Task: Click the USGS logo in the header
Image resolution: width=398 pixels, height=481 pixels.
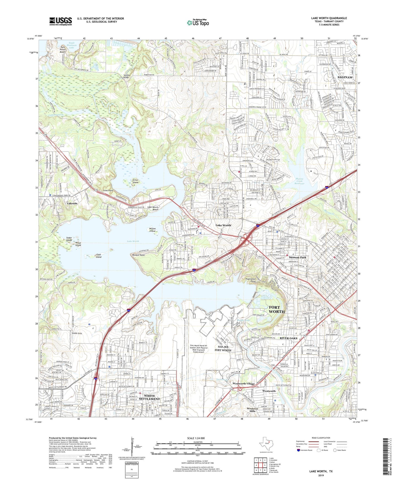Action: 61,21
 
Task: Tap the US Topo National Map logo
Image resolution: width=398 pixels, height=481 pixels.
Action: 198,23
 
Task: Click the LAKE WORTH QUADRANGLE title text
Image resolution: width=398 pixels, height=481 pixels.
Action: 329,18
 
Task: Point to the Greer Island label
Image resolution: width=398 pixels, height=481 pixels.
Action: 135,181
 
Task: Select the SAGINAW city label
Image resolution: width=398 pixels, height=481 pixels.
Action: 345,78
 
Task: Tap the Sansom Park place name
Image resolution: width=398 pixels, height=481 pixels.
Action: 297,257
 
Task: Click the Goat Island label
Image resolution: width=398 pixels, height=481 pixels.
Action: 98,256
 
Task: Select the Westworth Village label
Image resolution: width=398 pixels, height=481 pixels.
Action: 243,384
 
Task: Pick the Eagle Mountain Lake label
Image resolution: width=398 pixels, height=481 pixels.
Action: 71,45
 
